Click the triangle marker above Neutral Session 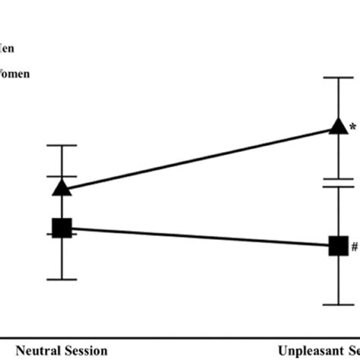click(x=62, y=187)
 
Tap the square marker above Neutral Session click(x=62, y=227)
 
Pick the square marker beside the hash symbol click(x=338, y=246)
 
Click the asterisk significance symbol click(x=352, y=128)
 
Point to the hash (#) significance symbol click(x=354, y=247)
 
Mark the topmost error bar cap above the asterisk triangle click(x=338, y=77)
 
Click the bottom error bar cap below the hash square click(x=338, y=305)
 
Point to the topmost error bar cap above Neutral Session click(x=62, y=145)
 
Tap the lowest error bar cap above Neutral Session click(x=62, y=279)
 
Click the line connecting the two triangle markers click(x=197, y=156)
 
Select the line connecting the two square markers click(x=197, y=236)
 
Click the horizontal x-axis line click(x=180, y=337)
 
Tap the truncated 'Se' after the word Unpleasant click(x=352, y=350)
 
